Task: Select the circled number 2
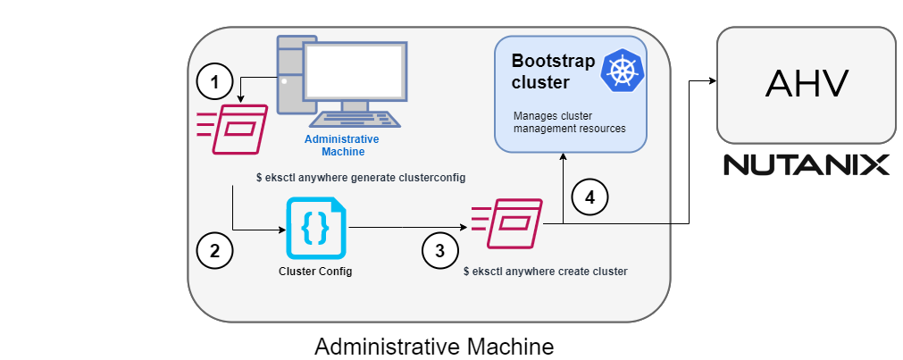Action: coord(214,250)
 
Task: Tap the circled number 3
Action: coord(439,251)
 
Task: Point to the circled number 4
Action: coord(589,196)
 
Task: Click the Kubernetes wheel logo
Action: coord(623,71)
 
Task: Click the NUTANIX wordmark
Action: coord(806,165)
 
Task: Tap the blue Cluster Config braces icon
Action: coord(316,229)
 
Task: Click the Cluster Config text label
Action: coord(316,272)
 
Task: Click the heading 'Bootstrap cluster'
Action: coord(541,71)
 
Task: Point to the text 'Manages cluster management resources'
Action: coord(569,122)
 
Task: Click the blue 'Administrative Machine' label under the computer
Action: coord(342,146)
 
